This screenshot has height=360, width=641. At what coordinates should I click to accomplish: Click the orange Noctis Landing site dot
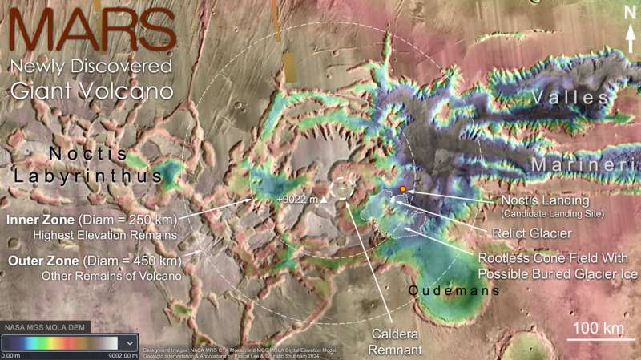tap(402, 189)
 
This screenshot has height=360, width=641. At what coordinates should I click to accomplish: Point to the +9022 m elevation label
tap(297, 199)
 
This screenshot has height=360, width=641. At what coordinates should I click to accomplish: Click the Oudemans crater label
tap(454, 291)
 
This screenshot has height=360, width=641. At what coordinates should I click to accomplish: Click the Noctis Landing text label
tap(545, 200)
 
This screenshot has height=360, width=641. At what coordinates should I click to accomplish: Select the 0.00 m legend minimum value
tap(12, 355)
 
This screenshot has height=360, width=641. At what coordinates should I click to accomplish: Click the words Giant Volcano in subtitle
tap(92, 91)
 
